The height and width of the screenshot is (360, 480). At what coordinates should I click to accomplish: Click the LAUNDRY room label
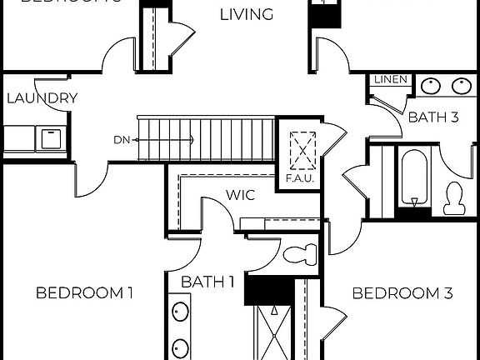42,98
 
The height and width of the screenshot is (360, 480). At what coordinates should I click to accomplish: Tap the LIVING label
247,14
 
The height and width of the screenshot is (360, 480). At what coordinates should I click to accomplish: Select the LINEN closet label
391,80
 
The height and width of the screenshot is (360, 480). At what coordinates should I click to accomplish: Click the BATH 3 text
433,117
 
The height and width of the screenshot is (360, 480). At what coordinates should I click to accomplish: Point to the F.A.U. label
297,179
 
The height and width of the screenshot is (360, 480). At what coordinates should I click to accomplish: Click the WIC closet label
239,196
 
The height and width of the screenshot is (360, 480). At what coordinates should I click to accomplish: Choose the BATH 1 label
207,282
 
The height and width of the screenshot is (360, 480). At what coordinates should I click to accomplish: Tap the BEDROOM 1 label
85,292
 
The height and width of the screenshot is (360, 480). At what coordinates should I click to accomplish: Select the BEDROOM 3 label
402,293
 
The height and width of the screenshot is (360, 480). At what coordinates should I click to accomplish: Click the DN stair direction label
122,139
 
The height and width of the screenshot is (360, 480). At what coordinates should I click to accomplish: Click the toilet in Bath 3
454,197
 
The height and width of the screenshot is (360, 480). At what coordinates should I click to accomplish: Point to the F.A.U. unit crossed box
297,151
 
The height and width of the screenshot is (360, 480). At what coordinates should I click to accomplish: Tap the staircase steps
208,139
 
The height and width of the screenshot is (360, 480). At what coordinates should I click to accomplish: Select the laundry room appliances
35,138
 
